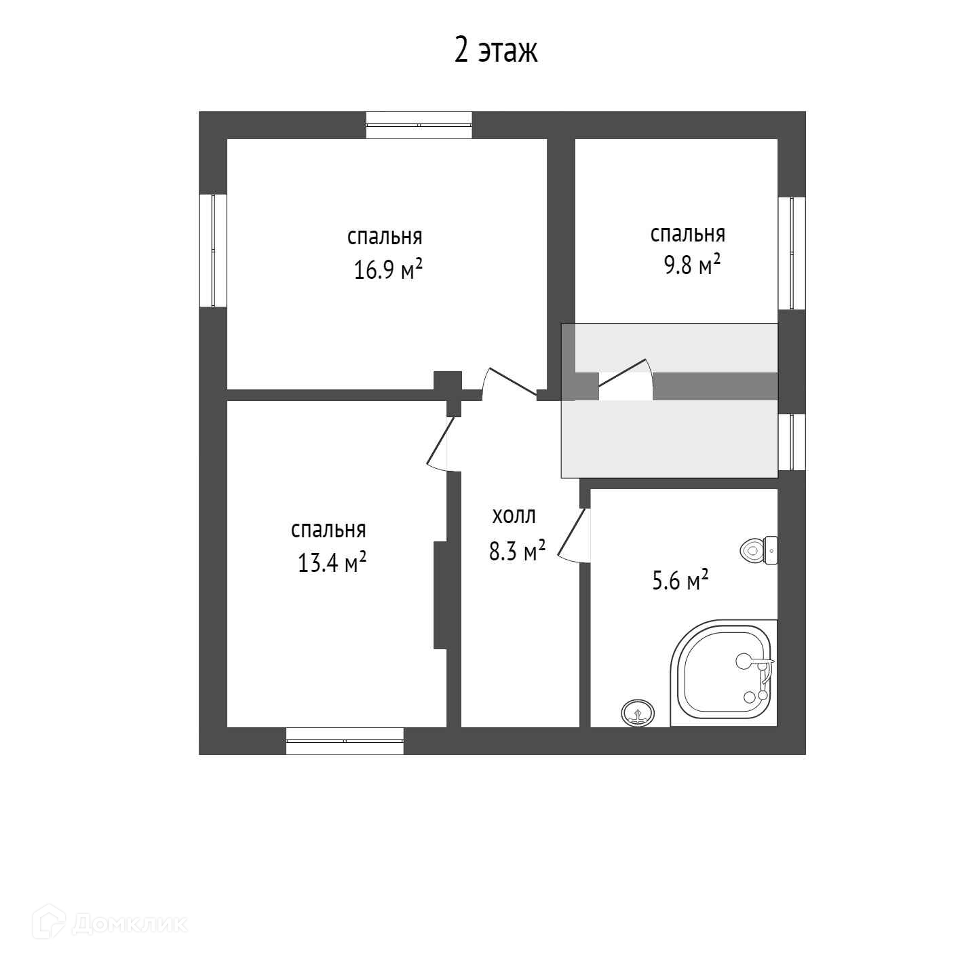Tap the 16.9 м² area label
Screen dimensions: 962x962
[x=387, y=269]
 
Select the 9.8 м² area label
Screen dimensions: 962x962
[x=691, y=265]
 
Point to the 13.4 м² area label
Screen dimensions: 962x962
[x=332, y=562]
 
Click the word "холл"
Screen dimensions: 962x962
[x=514, y=516]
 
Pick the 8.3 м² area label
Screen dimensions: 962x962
[x=517, y=551]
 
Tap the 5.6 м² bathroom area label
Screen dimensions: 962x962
[x=680, y=581]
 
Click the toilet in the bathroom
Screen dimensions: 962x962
[x=758, y=550]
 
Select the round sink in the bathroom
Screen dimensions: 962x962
[x=638, y=712]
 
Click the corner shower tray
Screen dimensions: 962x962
[x=723, y=673]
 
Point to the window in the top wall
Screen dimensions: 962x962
[x=419, y=125]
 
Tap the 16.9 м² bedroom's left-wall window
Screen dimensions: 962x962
[x=213, y=250]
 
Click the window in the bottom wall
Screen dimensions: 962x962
[x=345, y=741]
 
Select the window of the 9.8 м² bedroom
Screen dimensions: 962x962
[x=792, y=253]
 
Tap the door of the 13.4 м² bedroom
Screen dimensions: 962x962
[x=444, y=444]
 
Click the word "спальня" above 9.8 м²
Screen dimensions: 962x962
[x=687, y=235]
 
